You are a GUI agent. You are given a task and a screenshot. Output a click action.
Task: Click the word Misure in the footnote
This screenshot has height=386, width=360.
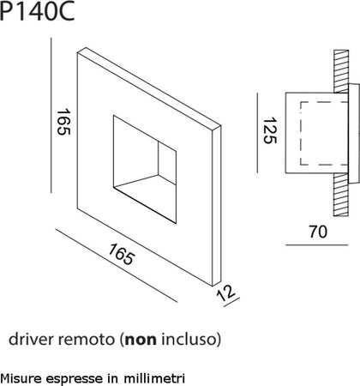pyautogui.click(x=19, y=377)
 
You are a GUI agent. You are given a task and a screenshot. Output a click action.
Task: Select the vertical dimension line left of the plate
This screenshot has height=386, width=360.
pyautogui.click(x=53, y=120)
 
